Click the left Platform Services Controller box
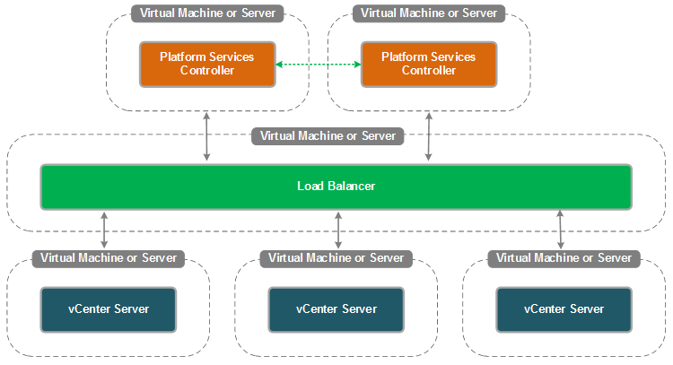click(x=206, y=64)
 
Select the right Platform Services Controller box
click(x=428, y=64)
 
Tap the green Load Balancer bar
click(x=336, y=187)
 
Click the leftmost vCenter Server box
click(x=109, y=309)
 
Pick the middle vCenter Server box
click(x=336, y=309)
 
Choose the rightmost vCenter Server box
click(x=564, y=309)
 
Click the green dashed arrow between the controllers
click(x=318, y=65)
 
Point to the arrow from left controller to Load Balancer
click(x=207, y=137)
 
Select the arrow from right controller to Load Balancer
click(x=429, y=137)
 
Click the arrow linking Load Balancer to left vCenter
click(x=105, y=230)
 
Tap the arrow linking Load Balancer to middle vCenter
click(x=337, y=230)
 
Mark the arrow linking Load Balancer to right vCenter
click(x=561, y=230)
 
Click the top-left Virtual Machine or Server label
click(x=207, y=13)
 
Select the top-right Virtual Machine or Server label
click(x=428, y=13)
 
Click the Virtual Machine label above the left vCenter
click(x=109, y=258)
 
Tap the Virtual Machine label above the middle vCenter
click(x=336, y=258)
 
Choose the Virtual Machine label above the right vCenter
click(x=564, y=258)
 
